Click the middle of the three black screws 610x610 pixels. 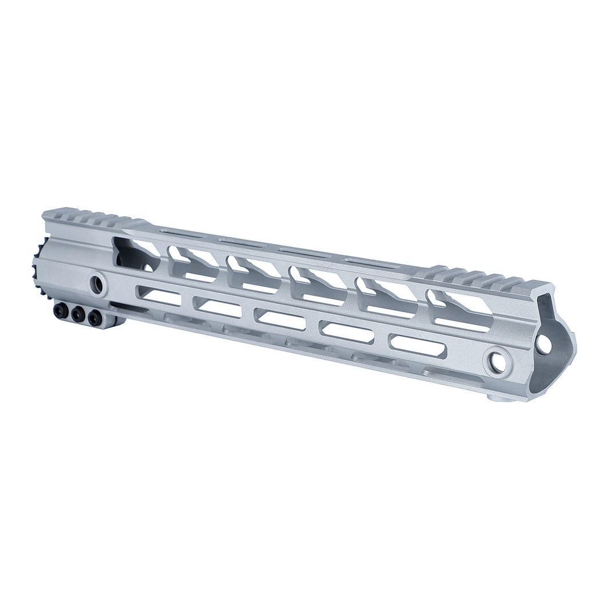[78, 314]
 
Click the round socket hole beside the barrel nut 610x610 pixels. [97, 284]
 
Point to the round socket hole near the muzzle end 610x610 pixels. [497, 362]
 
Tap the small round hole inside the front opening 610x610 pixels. [544, 344]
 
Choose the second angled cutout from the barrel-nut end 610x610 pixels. [192, 263]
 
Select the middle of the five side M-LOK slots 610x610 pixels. [280, 319]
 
